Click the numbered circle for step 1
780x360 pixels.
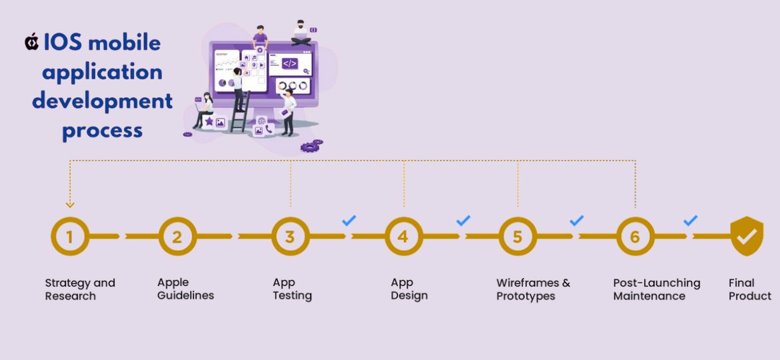click(x=70, y=237)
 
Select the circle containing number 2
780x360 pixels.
click(x=177, y=237)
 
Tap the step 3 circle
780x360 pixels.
click(x=290, y=237)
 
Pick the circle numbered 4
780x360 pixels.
click(x=403, y=237)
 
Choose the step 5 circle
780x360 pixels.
click(x=517, y=237)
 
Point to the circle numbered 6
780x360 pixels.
click(x=635, y=237)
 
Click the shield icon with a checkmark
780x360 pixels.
click(x=747, y=236)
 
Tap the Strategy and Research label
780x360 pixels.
click(x=80, y=289)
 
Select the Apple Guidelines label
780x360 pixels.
click(x=185, y=289)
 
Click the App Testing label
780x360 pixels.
click(x=292, y=289)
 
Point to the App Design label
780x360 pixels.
click(x=409, y=289)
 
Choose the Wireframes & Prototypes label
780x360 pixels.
click(x=533, y=289)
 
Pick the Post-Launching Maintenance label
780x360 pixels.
click(x=657, y=289)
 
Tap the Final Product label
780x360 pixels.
click(x=750, y=289)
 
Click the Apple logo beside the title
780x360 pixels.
click(x=31, y=43)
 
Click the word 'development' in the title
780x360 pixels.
click(x=102, y=101)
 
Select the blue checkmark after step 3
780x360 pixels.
click(x=349, y=220)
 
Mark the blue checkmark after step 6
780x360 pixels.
click(x=691, y=220)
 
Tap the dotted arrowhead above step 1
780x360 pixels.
click(x=70, y=205)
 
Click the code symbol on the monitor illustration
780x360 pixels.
click(x=290, y=64)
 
